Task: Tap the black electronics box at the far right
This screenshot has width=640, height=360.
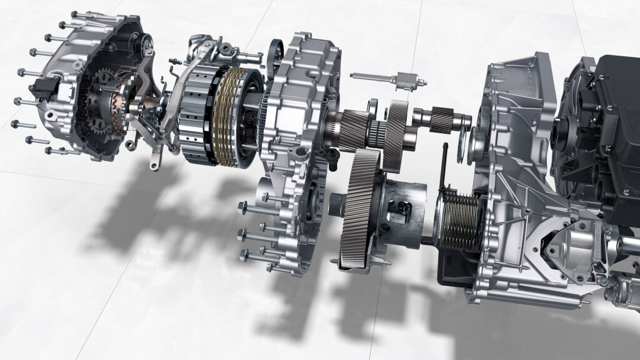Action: click(x=609, y=112)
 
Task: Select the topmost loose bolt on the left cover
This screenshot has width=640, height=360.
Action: click(x=81, y=14)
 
